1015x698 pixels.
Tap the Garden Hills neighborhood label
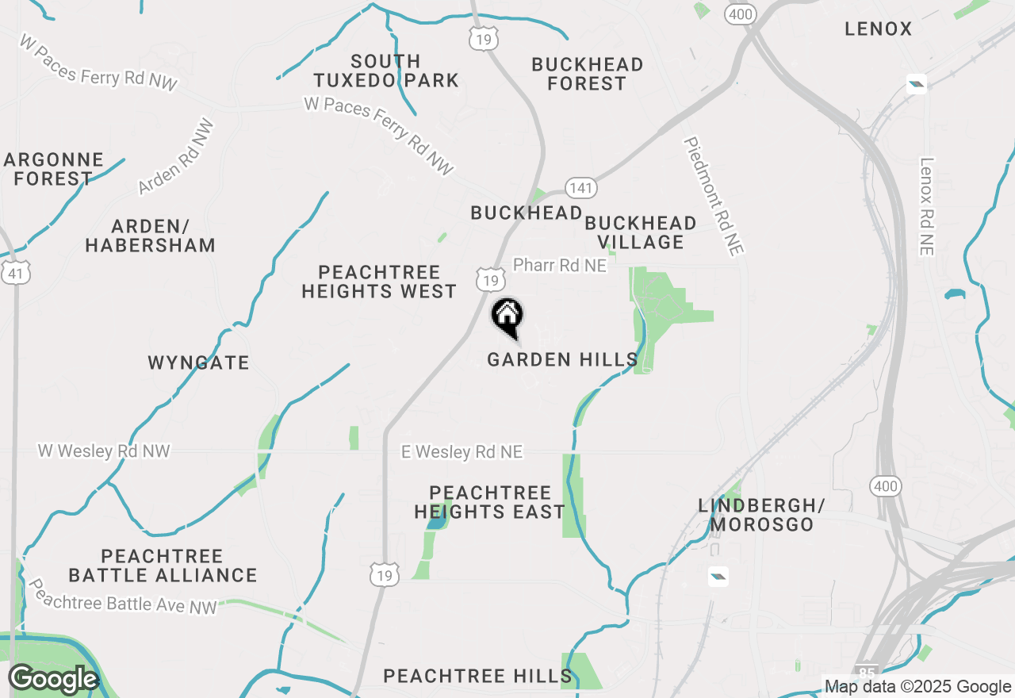(x=562, y=360)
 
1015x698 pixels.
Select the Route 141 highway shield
(x=581, y=188)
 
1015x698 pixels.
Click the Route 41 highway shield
(x=17, y=273)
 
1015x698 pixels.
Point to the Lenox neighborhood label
(x=879, y=29)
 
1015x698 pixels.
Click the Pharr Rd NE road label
(x=560, y=265)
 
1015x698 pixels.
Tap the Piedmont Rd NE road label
(x=714, y=196)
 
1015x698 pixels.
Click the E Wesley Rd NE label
(x=462, y=452)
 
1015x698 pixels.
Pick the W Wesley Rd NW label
(x=104, y=451)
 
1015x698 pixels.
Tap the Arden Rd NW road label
(x=176, y=157)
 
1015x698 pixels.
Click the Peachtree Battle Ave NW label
(x=123, y=596)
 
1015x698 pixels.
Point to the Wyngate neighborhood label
(x=198, y=363)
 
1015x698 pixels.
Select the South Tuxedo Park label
(x=386, y=71)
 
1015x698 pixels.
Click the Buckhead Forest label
(x=587, y=74)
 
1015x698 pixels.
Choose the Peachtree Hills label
(x=477, y=677)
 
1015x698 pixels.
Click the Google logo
(x=53, y=680)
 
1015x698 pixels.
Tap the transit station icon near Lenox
(x=917, y=83)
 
